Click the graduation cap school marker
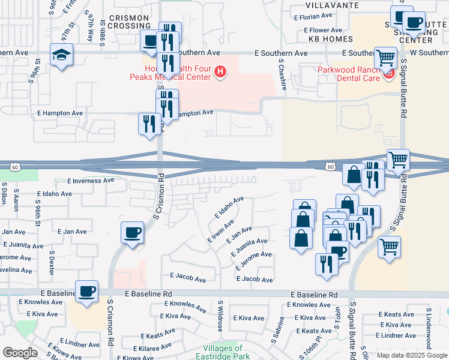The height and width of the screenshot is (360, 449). point(61,55)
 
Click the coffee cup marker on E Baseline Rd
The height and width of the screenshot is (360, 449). point(87,292)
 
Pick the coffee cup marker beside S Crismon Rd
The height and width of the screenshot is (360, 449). point(132,232)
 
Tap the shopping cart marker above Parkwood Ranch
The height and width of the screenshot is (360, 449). point(385,58)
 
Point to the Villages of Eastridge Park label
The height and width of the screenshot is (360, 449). point(222,352)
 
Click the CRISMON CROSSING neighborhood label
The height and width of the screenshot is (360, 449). point(130,22)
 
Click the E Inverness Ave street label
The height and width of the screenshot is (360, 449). point(91,180)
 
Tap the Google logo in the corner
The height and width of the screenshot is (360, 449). point(20,353)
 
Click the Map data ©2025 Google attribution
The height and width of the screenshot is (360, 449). point(412,355)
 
